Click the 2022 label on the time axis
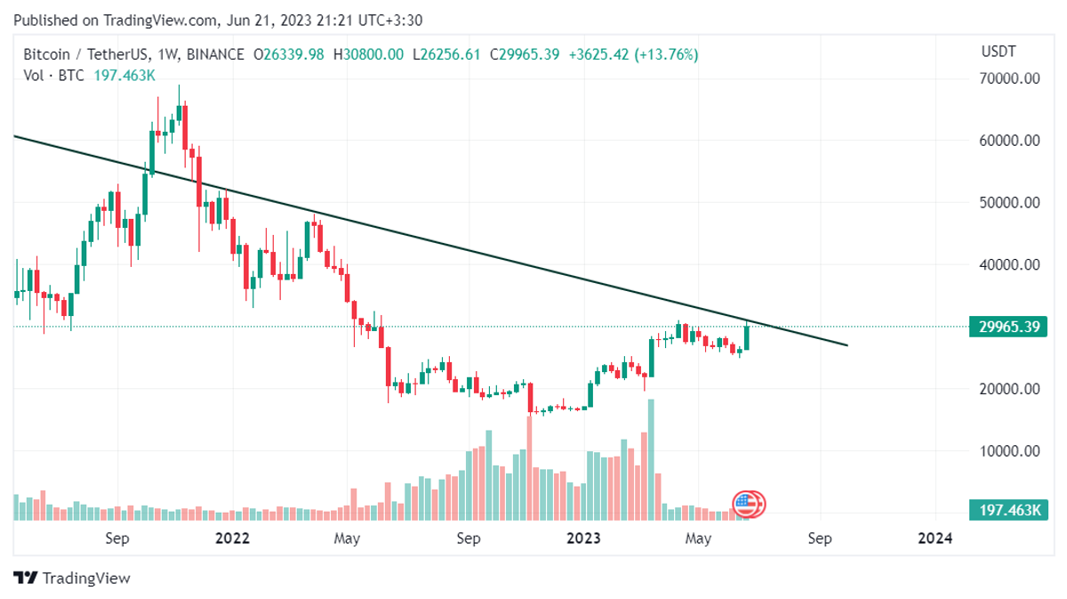click(232, 538)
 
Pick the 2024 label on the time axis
click(935, 538)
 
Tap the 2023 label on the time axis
click(583, 538)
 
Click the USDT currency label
click(998, 52)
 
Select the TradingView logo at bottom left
click(73, 578)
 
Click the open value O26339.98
click(291, 55)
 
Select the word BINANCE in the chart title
click(213, 55)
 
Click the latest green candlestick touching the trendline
click(747, 336)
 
